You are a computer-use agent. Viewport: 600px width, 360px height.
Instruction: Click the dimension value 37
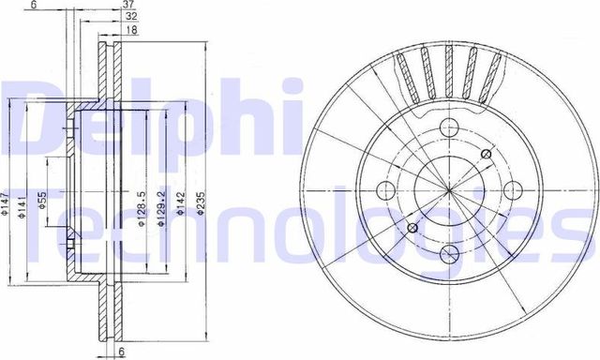click(x=128, y=5)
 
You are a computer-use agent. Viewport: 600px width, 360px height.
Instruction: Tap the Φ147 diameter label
click(x=6, y=202)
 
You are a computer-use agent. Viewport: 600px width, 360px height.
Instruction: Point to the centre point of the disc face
click(x=450, y=191)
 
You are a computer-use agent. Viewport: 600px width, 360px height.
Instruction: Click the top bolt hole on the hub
click(x=449, y=130)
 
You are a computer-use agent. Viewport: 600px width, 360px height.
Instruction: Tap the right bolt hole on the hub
click(x=511, y=191)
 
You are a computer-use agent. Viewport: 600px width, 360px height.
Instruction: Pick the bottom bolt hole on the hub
click(x=449, y=252)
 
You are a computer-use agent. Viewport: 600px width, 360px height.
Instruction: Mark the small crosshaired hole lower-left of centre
click(x=413, y=228)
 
